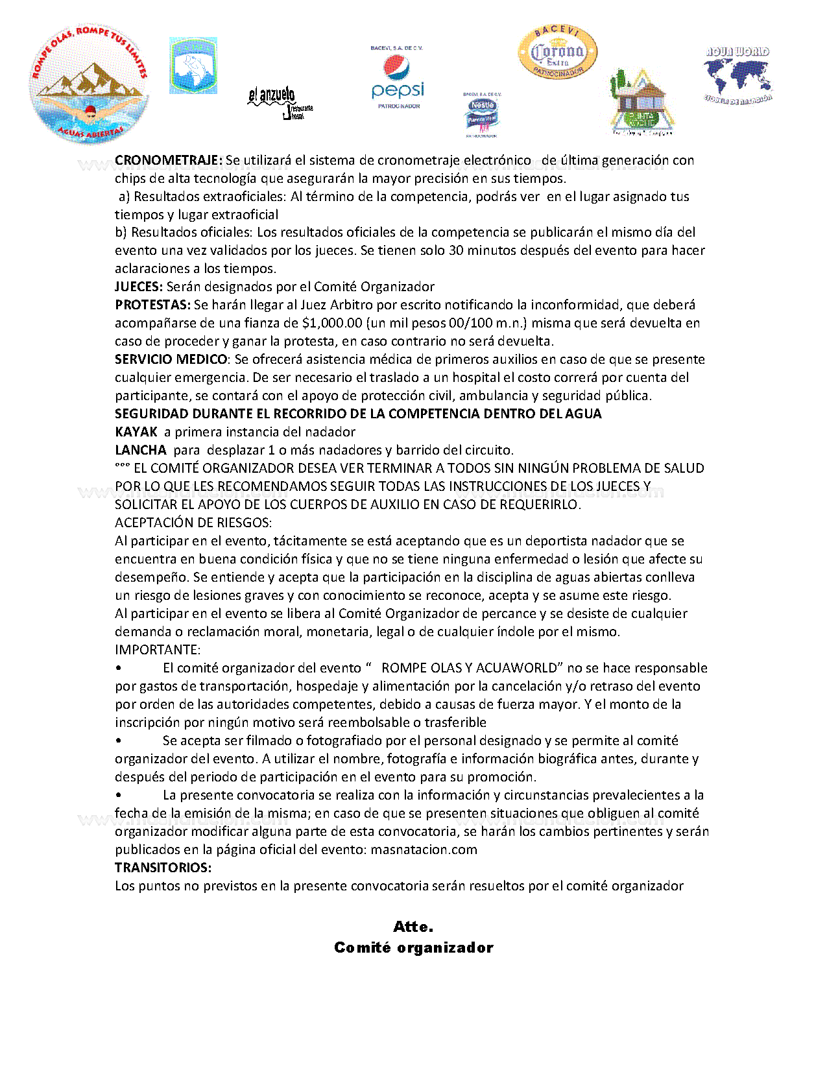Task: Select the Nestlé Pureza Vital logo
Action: pyautogui.click(x=482, y=115)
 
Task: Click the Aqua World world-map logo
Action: pyautogui.click(x=738, y=75)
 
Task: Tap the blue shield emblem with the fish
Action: pyautogui.click(x=193, y=65)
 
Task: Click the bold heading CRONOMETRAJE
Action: pyautogui.click(x=169, y=160)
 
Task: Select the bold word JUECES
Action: pyautogui.click(x=139, y=287)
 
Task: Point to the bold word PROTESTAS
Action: pyautogui.click(x=153, y=305)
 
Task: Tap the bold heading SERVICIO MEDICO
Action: pyautogui.click(x=171, y=359)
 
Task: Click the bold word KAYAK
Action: pyautogui.click(x=136, y=432)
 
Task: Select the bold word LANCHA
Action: pyautogui.click(x=141, y=450)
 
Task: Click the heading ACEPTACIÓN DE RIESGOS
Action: pyautogui.click(x=193, y=523)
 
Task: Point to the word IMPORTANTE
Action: pyautogui.click(x=158, y=650)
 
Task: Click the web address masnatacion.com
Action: pyautogui.click(x=424, y=850)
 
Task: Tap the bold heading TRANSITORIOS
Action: pyautogui.click(x=163, y=868)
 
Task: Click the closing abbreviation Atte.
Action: pyautogui.click(x=413, y=927)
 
